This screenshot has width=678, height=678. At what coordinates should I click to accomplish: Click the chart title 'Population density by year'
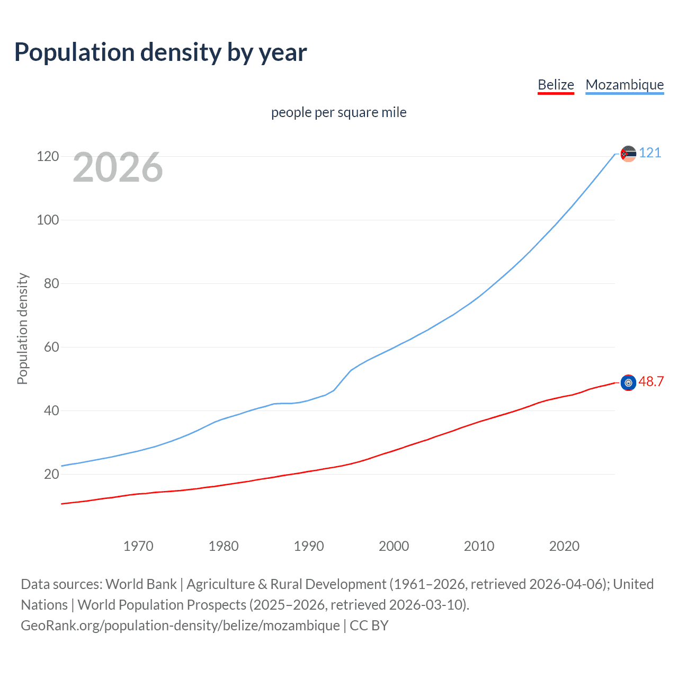[160, 52]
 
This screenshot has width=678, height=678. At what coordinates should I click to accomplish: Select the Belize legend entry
[556, 85]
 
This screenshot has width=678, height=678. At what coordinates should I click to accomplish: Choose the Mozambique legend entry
[625, 85]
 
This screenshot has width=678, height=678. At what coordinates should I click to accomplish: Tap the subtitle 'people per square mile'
[338, 112]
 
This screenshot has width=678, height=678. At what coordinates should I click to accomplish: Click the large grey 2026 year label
[118, 167]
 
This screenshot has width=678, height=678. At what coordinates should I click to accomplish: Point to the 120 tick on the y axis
[48, 156]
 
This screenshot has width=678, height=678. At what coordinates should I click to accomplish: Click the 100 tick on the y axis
[48, 220]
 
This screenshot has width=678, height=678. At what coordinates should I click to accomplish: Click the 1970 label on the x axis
[138, 546]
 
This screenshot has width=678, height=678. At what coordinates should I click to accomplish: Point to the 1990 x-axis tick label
[309, 546]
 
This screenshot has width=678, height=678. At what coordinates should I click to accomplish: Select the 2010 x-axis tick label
[479, 546]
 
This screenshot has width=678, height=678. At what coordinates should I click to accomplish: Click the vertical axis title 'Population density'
[22, 328]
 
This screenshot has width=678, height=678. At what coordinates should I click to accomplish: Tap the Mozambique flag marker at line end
[628, 154]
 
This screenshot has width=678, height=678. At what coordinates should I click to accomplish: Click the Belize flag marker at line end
[628, 382]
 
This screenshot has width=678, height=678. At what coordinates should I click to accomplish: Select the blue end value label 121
[650, 153]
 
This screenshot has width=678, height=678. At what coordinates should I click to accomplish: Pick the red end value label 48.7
[651, 382]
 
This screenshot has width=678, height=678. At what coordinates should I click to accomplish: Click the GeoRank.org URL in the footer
[180, 626]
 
